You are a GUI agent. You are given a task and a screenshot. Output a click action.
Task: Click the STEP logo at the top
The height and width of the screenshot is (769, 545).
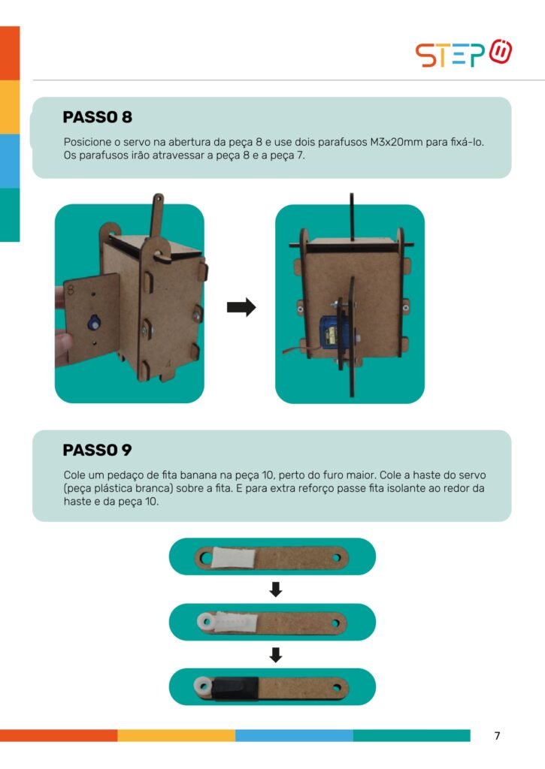click(464, 53)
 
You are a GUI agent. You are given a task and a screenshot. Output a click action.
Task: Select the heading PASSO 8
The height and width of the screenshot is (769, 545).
click(97, 117)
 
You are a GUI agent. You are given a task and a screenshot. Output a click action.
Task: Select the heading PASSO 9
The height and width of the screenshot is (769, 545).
click(97, 450)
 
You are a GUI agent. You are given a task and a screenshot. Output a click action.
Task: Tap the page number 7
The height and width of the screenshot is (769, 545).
click(498, 736)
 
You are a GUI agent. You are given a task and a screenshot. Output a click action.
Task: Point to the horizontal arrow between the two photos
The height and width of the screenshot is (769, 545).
click(241, 307)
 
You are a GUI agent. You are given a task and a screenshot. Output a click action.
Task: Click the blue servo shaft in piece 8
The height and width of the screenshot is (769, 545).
click(92, 323)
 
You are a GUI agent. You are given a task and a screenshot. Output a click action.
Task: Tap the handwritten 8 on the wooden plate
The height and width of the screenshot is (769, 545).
click(71, 289)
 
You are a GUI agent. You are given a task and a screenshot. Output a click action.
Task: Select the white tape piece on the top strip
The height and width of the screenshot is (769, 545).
click(234, 558)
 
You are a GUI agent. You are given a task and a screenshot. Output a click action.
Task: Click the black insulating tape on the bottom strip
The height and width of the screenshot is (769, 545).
click(236, 688)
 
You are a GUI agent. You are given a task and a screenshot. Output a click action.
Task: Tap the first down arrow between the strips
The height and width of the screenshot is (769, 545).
click(276, 590)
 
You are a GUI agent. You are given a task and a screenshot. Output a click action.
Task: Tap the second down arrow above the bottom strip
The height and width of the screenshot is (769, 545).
click(276, 655)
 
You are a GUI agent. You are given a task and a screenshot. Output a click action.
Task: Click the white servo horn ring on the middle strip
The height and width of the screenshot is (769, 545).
click(205, 622)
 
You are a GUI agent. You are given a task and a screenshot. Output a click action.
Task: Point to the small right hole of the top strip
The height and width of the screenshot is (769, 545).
click(337, 558)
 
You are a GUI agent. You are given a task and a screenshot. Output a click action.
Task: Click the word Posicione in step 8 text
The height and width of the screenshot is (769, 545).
click(87, 142)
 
